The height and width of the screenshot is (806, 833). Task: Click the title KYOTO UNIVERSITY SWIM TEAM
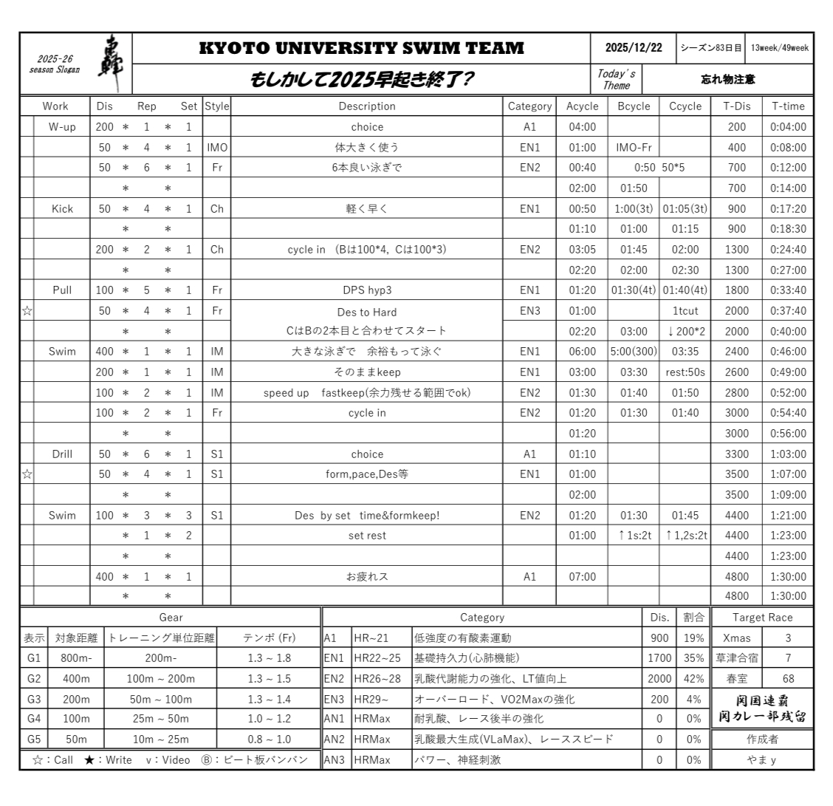click(x=362, y=49)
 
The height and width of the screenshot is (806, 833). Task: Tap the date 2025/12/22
click(x=633, y=48)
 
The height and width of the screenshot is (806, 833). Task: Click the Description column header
click(x=366, y=106)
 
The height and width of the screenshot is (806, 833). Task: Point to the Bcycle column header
click(x=633, y=106)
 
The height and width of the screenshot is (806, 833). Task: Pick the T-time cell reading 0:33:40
click(x=788, y=290)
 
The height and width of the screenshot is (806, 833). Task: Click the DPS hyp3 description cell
click(x=366, y=290)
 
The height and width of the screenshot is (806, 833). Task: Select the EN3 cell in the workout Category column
click(x=529, y=311)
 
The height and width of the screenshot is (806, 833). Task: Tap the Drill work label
click(x=62, y=454)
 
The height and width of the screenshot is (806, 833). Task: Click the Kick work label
click(x=62, y=209)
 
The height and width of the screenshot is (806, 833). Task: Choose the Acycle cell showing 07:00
click(x=582, y=577)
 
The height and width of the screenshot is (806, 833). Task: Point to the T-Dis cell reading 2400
click(x=736, y=352)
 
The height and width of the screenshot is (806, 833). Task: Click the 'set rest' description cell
click(x=366, y=536)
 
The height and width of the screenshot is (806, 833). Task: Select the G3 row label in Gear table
click(x=34, y=699)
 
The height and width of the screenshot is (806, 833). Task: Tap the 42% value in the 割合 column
click(x=693, y=679)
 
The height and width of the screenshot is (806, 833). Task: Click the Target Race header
click(x=762, y=618)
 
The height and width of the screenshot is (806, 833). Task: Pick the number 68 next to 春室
click(x=788, y=679)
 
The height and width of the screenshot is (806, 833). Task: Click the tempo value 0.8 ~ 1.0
click(x=269, y=740)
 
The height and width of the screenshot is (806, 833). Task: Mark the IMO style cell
click(x=216, y=148)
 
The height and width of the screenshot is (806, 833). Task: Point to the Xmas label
click(x=736, y=638)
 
